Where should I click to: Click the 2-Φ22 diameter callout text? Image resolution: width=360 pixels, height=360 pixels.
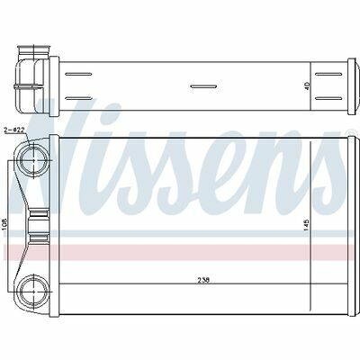(15, 130)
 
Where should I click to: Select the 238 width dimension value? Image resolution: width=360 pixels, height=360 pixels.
(203, 280)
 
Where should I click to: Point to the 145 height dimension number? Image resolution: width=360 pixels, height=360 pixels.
(306, 225)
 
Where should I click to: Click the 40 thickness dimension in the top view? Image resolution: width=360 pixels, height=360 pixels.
(306, 86)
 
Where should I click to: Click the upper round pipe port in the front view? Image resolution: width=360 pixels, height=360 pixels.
(33, 160)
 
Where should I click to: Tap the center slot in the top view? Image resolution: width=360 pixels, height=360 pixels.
(203, 86)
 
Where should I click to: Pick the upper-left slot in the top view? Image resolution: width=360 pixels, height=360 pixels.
(78, 74)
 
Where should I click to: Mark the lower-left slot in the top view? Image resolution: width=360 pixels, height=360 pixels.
(78, 98)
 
